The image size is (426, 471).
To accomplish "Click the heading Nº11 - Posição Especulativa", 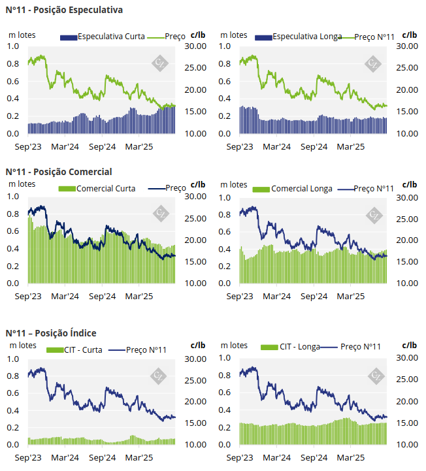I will [64, 10].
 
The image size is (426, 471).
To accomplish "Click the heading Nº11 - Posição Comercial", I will [59, 172].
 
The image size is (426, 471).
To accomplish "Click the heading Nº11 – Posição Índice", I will [50, 333].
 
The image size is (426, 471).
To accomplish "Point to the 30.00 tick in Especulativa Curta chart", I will [196, 46].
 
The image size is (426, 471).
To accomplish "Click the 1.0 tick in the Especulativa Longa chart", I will [225, 46].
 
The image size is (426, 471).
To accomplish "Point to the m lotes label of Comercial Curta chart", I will [22, 184].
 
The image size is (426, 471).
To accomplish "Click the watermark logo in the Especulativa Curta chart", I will [160, 63].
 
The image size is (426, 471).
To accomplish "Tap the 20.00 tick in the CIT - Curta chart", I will [196, 402].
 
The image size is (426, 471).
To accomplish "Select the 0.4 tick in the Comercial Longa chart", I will [225, 249].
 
